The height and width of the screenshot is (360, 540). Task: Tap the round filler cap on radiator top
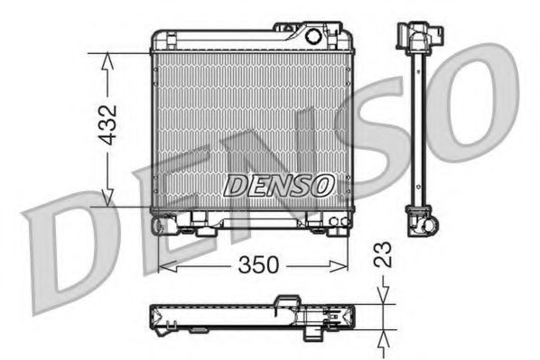(313, 38)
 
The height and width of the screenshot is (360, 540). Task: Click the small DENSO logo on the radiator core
(278, 186)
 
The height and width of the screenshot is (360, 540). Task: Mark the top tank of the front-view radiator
(244, 40)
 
